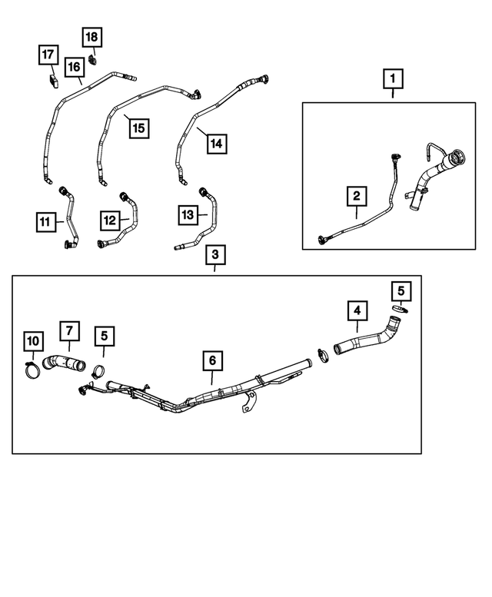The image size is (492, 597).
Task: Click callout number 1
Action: tap(393, 78)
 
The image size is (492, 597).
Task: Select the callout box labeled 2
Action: tap(356, 197)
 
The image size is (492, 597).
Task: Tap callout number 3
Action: tap(214, 254)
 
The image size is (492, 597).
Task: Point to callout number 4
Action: tap(356, 311)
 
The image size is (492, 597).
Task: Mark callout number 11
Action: tap(45, 222)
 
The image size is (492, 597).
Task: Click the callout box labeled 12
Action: tap(109, 221)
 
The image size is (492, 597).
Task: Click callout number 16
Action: tap(74, 67)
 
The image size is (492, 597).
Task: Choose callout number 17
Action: tap(48, 55)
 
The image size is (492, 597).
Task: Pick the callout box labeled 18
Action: tap(91, 37)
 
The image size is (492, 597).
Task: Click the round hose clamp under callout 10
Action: tap(32, 371)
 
